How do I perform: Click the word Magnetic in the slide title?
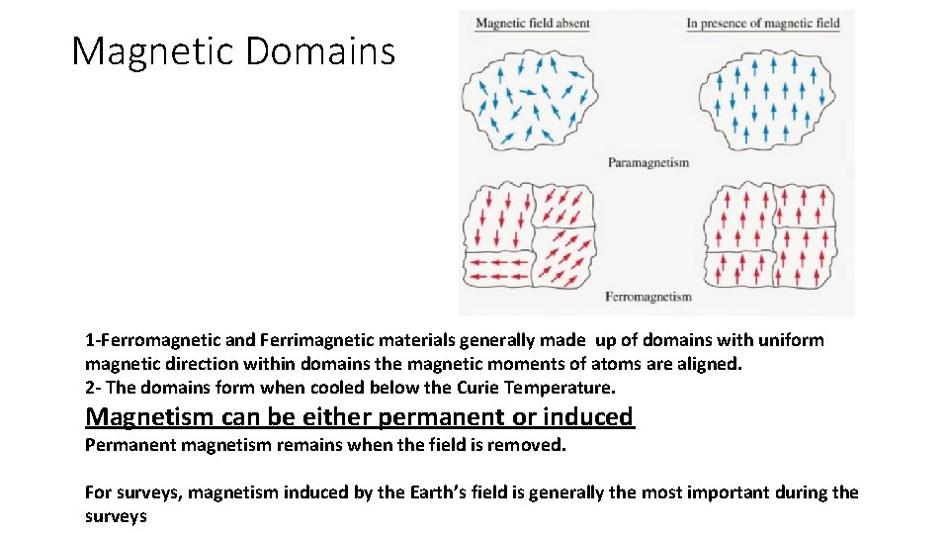click(x=152, y=51)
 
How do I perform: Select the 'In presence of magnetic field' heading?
click(x=762, y=23)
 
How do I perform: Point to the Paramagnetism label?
click(x=647, y=162)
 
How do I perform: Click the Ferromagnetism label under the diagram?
click(x=647, y=297)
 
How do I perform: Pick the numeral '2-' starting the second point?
click(x=93, y=388)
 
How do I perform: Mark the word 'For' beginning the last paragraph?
click(x=98, y=492)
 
